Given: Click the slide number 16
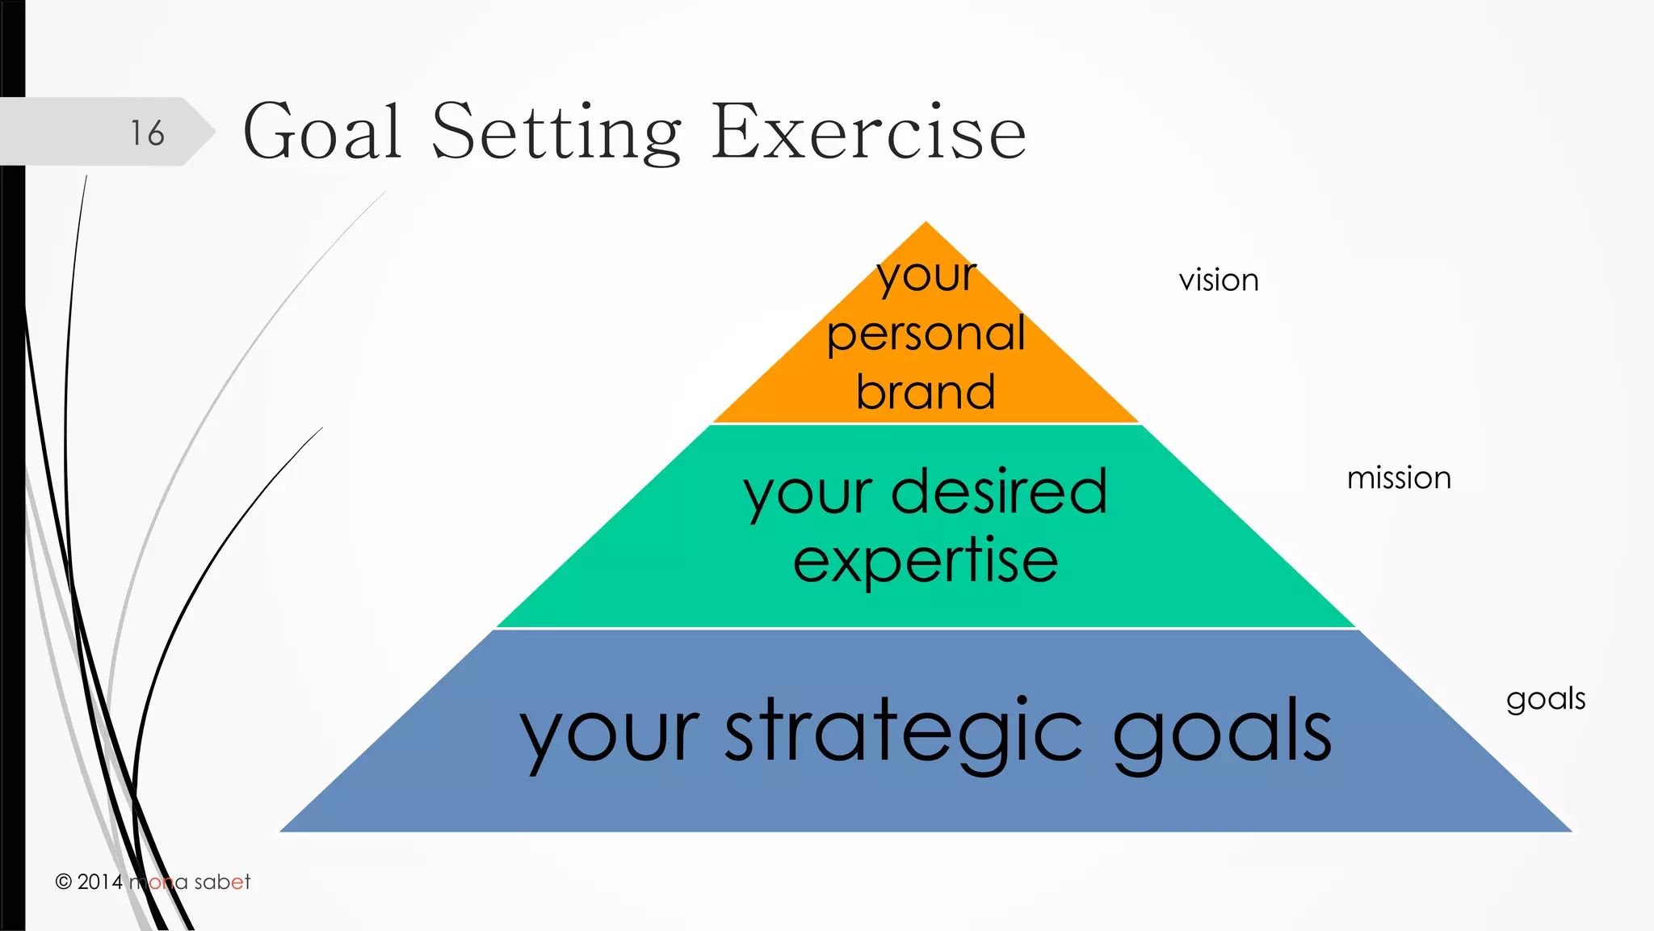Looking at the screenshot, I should pyautogui.click(x=147, y=133).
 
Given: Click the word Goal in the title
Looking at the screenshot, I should pyautogui.click(x=322, y=132).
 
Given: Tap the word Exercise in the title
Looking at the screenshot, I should pyautogui.click(x=868, y=132).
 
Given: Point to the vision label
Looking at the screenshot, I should pyautogui.click(x=1218, y=280).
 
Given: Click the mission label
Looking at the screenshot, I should pyautogui.click(x=1399, y=478).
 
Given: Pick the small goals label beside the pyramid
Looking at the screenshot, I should pyautogui.click(x=1545, y=699).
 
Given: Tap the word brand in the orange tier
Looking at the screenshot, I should pyautogui.click(x=926, y=392).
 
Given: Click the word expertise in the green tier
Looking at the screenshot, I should pyautogui.click(x=926, y=561).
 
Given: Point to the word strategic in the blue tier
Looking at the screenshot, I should pyautogui.click(x=903, y=732).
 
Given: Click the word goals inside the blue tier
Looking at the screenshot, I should pyautogui.click(x=1222, y=732).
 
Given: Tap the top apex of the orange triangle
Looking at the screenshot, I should pyautogui.click(x=926, y=224).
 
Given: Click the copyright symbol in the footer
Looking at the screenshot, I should pyautogui.click(x=64, y=882).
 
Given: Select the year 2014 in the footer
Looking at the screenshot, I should pyautogui.click(x=100, y=882).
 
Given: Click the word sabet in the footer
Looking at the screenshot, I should pyautogui.click(x=222, y=882).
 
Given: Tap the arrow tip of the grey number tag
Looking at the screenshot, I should pyautogui.click(x=213, y=132).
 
